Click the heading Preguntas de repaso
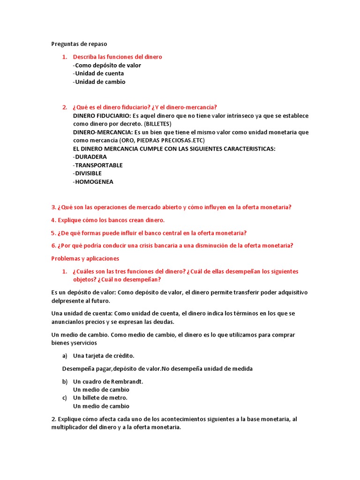pos(79,44)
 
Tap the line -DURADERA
pos(90,157)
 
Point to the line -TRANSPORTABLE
pos(98,165)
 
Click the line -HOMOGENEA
pos(93,182)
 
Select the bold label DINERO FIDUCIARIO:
pos(102,116)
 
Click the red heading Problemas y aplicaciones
pos(85,259)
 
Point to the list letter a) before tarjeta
pos(65,356)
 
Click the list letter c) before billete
pos(65,398)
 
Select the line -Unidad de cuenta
pos(98,74)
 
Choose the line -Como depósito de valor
pos(107,66)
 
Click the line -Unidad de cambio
pos(99,82)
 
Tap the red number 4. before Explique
pos(53,220)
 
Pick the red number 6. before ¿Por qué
pos(53,246)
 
